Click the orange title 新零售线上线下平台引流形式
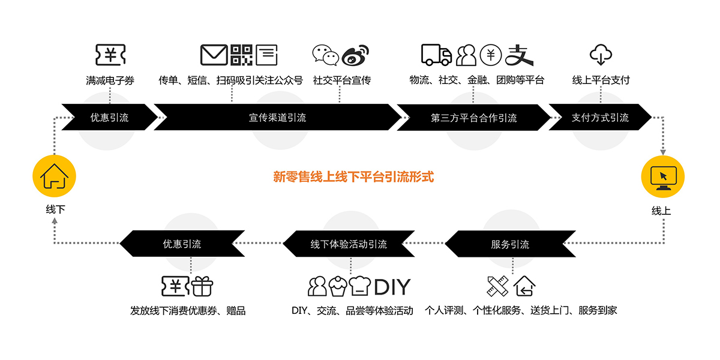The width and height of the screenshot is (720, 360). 353,177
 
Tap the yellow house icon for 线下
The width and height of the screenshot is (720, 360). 55,176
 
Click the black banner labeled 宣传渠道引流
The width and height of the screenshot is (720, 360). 277,118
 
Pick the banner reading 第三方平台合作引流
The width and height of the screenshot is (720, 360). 473,118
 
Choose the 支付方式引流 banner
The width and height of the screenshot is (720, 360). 599,118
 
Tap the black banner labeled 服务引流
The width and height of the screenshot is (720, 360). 509,244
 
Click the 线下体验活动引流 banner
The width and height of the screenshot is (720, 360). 349,244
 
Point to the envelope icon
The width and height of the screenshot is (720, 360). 214,55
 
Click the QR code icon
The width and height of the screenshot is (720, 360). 242,55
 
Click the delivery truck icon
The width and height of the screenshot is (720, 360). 436,55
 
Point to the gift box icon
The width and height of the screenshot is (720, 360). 202,286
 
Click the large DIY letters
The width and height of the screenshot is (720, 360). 392,287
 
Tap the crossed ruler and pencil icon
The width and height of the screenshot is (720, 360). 497,286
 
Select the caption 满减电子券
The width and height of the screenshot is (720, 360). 110,80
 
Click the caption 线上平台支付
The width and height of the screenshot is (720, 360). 601,80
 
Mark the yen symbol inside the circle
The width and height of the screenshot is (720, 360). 491,55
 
